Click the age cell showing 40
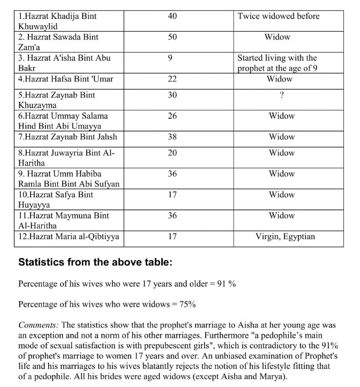click(172, 16)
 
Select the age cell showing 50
click(172, 37)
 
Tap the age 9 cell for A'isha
click(170, 58)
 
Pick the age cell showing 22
click(172, 79)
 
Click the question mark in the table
click(281, 95)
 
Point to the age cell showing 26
click(172, 116)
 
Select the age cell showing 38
click(172, 137)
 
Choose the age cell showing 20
click(172, 153)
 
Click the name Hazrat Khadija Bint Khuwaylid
click(57, 21)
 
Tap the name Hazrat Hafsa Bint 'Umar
click(65, 79)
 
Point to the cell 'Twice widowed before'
click(278, 16)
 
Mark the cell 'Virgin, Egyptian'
click(285, 236)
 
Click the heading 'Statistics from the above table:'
click(95, 263)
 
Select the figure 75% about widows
click(187, 304)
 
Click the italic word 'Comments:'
click(39, 325)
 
